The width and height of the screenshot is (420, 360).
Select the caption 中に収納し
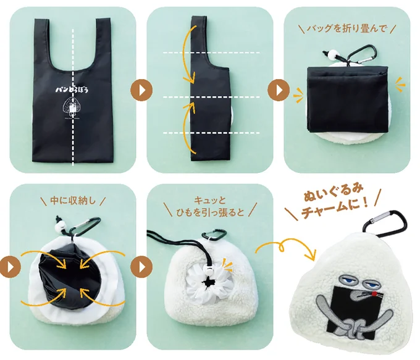(x=73, y=200)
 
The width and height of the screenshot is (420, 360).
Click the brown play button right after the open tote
(x=140, y=90)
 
